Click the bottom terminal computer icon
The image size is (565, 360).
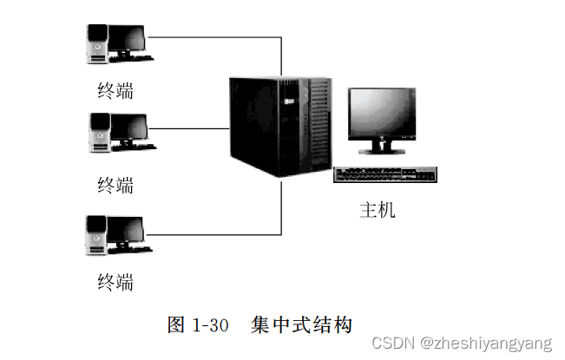[x=118, y=233]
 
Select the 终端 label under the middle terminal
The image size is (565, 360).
[x=115, y=184]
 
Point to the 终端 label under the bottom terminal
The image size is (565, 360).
[x=115, y=281]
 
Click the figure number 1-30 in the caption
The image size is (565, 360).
[x=209, y=325]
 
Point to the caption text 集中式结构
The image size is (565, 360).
[x=301, y=325]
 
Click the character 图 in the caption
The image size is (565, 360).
[x=176, y=325]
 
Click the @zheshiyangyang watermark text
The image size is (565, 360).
[x=485, y=344]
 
